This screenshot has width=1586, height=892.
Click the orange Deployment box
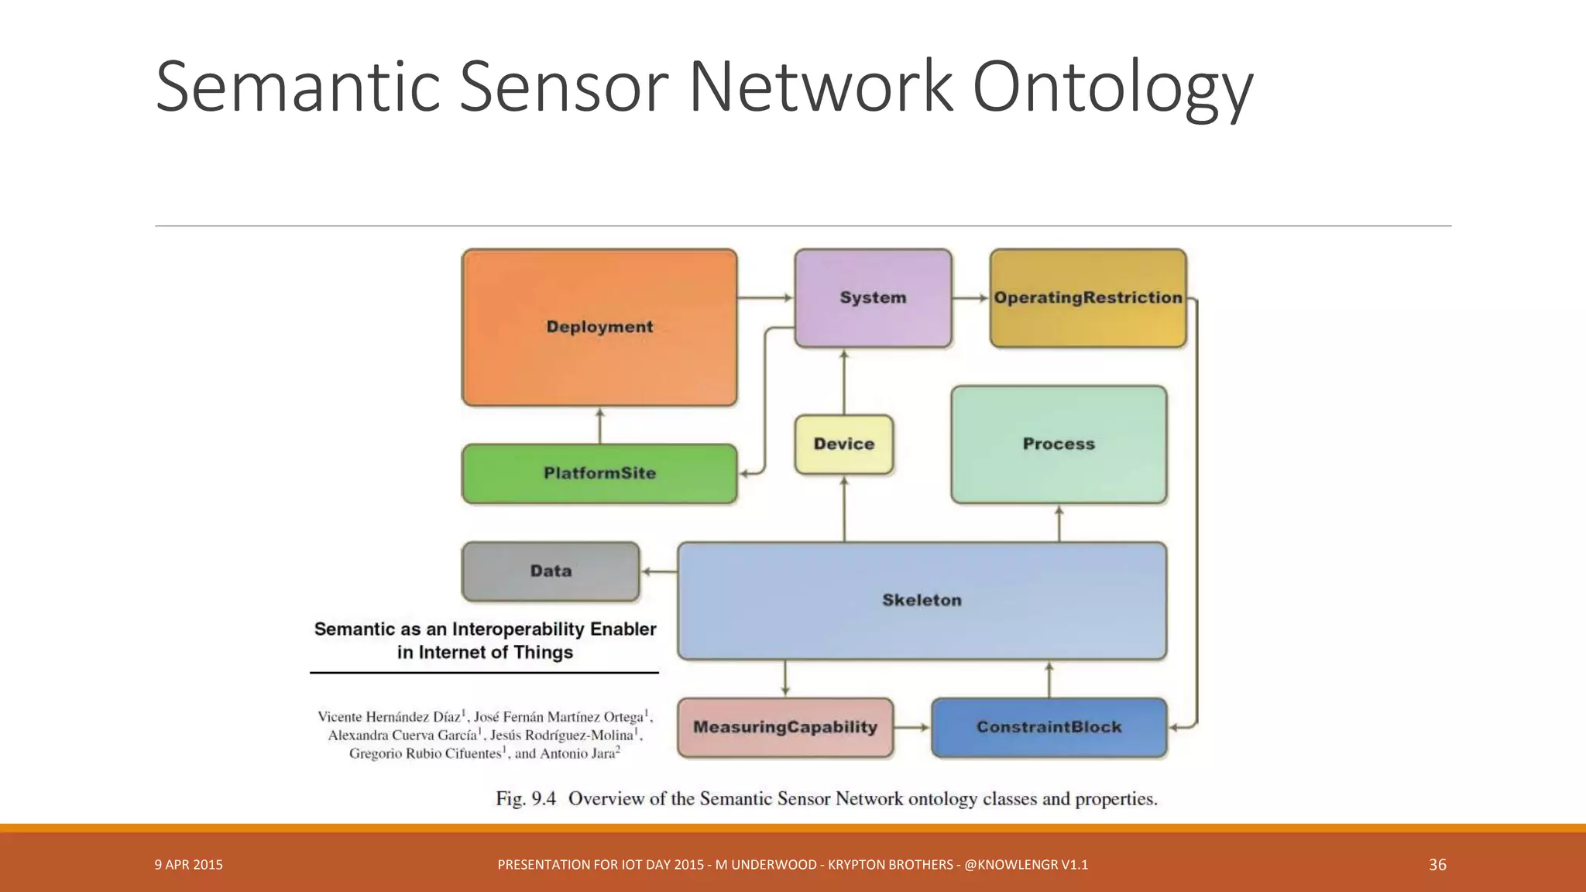(x=599, y=328)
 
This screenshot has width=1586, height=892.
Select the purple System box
(x=873, y=298)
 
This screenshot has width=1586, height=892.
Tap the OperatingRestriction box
(x=1087, y=298)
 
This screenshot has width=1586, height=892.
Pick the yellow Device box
(x=843, y=444)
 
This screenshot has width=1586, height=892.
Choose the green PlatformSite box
(x=599, y=473)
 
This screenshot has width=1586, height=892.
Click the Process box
(x=1058, y=444)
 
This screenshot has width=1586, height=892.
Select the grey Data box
(x=551, y=571)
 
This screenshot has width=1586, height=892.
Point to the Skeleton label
(x=922, y=600)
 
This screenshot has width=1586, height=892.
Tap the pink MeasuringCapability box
(x=784, y=727)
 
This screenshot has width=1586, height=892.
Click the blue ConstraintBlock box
(x=1049, y=727)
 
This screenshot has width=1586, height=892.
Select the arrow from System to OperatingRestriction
(x=970, y=298)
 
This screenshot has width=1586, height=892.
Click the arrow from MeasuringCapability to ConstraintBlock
(x=911, y=727)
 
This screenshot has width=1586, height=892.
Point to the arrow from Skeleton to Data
(x=659, y=571)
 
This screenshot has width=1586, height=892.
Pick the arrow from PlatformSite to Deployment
(x=599, y=425)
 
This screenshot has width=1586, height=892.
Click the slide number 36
(x=1437, y=865)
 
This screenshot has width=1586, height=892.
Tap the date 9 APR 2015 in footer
(x=188, y=865)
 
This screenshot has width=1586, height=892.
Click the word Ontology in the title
(x=1112, y=87)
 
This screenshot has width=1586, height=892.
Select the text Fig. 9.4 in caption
(x=526, y=798)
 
